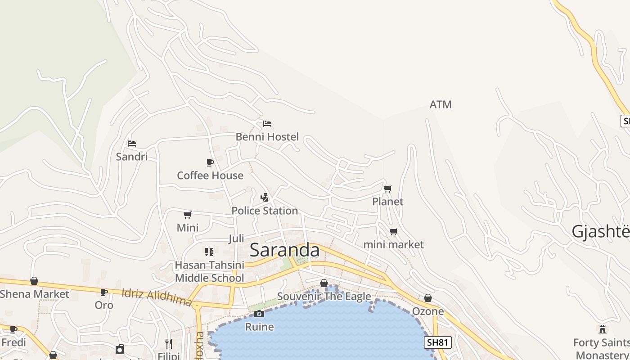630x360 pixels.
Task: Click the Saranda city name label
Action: click(284, 250)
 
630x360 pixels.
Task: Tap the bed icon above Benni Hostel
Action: click(267, 123)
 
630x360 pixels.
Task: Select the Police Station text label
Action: click(265, 211)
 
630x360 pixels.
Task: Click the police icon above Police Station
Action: click(265, 197)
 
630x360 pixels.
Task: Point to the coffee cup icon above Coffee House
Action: click(210, 162)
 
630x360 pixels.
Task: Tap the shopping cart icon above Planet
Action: click(387, 189)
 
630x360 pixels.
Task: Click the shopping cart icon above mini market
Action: click(394, 232)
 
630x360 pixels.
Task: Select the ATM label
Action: click(441, 104)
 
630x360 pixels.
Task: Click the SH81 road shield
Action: click(437, 342)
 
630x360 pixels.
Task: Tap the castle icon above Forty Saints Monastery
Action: click(603, 329)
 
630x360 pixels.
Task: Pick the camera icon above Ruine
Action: click(259, 314)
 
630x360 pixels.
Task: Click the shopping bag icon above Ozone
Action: click(428, 298)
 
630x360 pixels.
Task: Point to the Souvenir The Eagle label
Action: click(324, 296)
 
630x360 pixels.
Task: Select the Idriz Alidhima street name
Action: click(157, 297)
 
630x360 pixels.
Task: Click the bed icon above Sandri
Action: click(132, 144)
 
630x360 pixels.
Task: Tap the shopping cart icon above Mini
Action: click(188, 215)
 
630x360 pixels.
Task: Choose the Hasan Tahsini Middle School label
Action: click(210, 271)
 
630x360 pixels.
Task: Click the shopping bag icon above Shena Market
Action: click(34, 281)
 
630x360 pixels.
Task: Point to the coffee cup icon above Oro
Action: click(104, 292)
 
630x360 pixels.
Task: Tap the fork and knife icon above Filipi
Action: click(169, 344)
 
